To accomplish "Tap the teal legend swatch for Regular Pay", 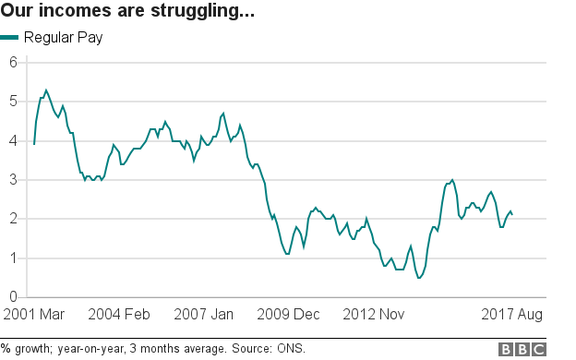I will tap(10, 38).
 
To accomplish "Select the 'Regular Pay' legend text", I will tap(64, 38).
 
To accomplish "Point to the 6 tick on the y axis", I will tap(14, 62).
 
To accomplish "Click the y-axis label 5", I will tap(14, 102).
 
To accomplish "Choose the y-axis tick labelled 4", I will tap(14, 140).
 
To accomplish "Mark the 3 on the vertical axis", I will tap(14, 180).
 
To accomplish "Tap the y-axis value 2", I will tap(14, 219).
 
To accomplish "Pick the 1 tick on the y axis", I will tap(14, 258).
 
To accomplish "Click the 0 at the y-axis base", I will tap(14, 297).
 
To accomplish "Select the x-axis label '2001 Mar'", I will tap(33, 315).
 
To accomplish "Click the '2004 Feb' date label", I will tap(119, 315).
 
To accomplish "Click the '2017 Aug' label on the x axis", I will tap(510, 315).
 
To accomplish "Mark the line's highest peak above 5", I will tap(46, 90).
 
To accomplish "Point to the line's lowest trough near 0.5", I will tap(419, 278).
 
